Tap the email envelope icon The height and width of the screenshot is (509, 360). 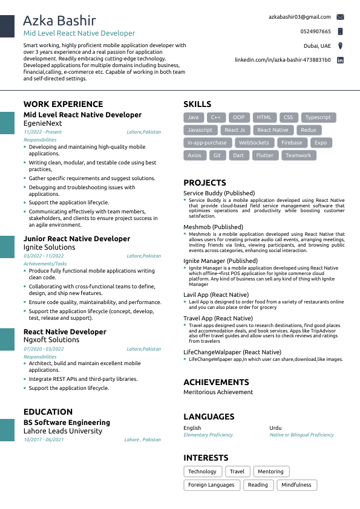340,17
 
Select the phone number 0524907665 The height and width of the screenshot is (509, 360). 315,31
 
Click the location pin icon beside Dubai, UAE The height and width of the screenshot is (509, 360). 340,46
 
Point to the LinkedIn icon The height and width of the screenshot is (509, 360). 340,60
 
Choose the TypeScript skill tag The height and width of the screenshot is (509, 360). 318,117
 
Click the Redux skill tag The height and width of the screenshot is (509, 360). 308,130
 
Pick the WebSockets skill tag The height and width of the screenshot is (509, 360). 254,143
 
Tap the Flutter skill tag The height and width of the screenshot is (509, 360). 264,155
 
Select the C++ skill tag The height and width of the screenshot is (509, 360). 215,117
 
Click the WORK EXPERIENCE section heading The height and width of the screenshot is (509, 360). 63,104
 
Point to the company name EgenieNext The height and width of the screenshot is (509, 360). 42,123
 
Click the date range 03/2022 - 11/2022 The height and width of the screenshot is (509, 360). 44,256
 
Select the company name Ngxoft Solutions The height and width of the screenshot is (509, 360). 51,340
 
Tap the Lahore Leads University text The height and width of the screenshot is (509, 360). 63,431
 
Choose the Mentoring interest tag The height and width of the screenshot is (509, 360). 270,472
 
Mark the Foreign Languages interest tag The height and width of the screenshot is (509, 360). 211,485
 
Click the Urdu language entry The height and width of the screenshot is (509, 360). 275,428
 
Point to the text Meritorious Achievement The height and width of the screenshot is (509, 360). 218,392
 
